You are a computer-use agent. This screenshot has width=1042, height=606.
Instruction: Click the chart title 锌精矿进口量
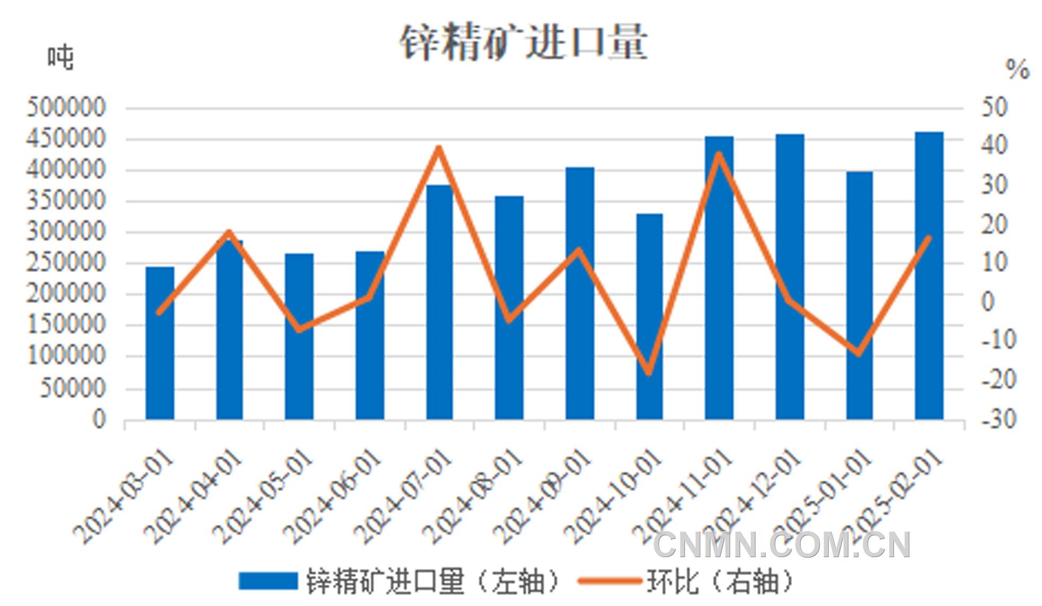(523, 41)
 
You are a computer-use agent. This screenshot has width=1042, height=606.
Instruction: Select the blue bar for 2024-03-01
(160, 343)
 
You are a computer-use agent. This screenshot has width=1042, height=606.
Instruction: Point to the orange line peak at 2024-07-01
(438, 148)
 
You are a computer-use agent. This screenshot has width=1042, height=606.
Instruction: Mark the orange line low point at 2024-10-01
(649, 372)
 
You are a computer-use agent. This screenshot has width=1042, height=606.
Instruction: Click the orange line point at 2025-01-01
(859, 353)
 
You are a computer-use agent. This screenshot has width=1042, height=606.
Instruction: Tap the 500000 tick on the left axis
(66, 108)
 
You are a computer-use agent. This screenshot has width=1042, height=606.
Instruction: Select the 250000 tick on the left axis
(66, 262)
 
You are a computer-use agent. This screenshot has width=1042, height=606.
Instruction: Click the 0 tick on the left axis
(99, 420)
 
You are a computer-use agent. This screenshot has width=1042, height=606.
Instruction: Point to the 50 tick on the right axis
(994, 108)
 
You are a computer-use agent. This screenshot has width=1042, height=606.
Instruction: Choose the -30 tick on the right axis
(998, 420)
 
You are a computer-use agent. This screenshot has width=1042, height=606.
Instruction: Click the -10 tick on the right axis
(998, 340)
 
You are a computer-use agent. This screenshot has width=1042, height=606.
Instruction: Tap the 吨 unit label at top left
(60, 57)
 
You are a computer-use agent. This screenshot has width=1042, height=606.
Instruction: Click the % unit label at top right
(1017, 70)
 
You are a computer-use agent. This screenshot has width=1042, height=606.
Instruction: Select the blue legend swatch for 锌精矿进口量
(267, 581)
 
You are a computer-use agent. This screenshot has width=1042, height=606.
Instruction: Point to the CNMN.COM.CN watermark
(782, 545)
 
